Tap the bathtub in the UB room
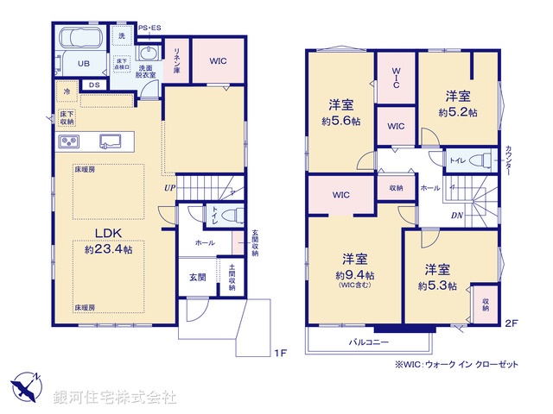coord(77,41)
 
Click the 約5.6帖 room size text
coord(340,121)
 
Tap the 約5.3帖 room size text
coord(437,285)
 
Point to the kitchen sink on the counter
coord(111,141)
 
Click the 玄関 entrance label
coord(197,277)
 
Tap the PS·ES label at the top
coord(149,28)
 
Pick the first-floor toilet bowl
coord(228,215)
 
